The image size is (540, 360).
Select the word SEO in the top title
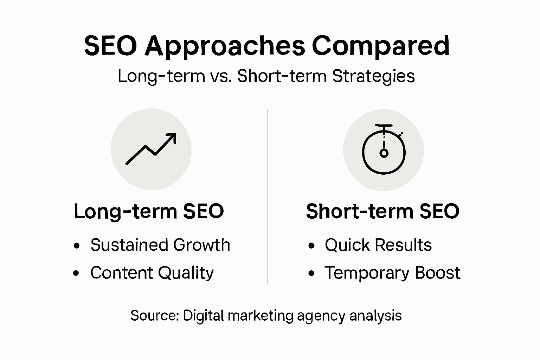coord(110,46)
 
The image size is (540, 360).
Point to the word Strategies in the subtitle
coord(373,77)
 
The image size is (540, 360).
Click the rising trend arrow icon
coord(151,149)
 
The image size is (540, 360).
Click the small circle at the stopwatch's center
coord(384,153)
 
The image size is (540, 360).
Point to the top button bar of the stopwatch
coord(384,126)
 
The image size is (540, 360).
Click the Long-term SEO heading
coord(149,212)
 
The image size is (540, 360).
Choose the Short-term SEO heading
coord(382,211)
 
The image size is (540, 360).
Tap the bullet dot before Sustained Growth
coord(77,246)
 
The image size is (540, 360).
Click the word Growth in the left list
coord(201,245)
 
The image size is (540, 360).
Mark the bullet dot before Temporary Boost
coord(311,274)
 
